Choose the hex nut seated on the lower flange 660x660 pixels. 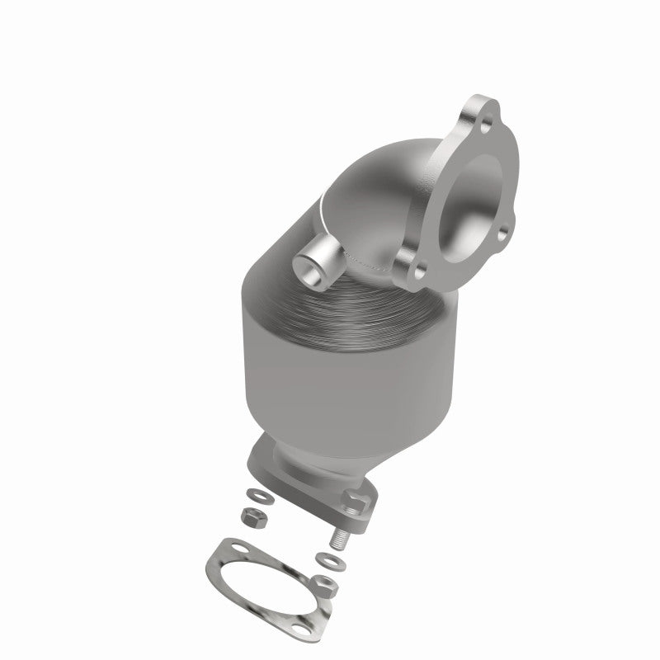(356, 497)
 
